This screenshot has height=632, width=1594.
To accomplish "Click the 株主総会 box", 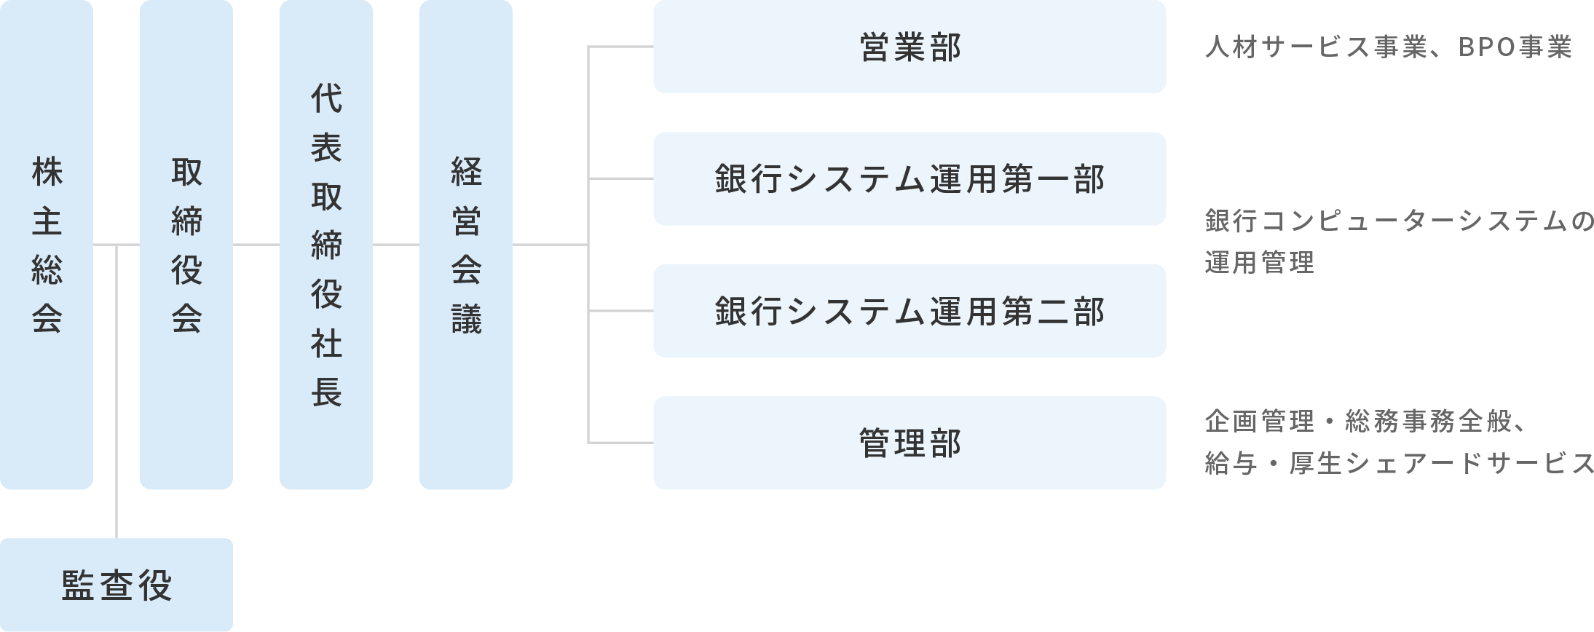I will click(x=47, y=245).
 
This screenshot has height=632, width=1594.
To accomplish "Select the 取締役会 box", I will click(x=186, y=245).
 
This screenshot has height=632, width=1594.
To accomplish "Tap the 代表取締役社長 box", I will click(x=325, y=245).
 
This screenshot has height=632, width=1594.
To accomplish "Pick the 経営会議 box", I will click(x=465, y=245).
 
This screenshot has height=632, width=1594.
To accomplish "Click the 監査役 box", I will click(x=117, y=585).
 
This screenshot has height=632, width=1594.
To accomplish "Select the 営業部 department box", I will click(x=910, y=47).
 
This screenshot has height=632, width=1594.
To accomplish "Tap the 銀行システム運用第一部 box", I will click(x=910, y=179).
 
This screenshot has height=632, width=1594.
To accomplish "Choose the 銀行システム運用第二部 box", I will click(x=910, y=311).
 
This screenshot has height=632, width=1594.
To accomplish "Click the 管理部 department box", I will click(x=910, y=443).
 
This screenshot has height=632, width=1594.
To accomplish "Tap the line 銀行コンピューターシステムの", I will click(x=1398, y=222).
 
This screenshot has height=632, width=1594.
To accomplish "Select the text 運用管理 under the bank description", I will click(x=1259, y=262).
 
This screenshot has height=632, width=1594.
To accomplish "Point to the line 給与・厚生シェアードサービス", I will click(x=1398, y=463).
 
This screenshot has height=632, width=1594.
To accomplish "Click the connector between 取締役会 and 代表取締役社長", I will click(x=256, y=245).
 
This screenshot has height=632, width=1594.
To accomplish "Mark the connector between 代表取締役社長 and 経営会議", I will click(x=395, y=245).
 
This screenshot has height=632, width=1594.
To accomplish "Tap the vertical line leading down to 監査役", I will click(x=117, y=393).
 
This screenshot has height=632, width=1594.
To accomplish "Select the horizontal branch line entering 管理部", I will click(x=620, y=442).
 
